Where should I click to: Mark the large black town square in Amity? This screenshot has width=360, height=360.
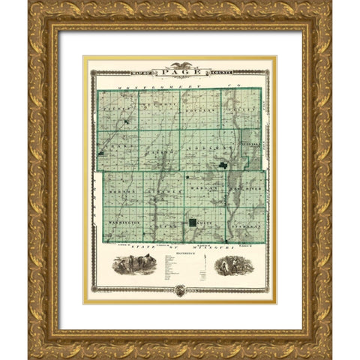click(193, 223)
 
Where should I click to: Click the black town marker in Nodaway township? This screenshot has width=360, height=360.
click(223, 164)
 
